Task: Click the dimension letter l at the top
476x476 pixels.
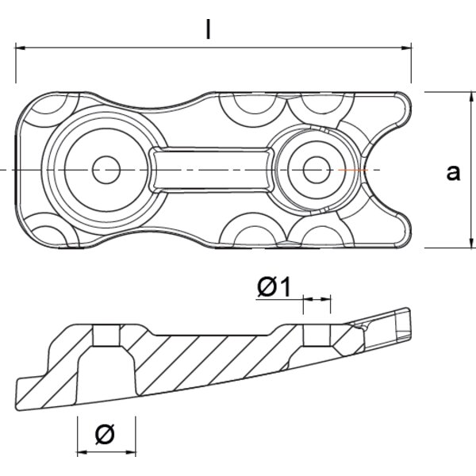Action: click(x=208, y=29)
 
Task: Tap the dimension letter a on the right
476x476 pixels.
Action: click(x=453, y=172)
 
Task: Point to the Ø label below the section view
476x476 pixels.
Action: click(x=105, y=433)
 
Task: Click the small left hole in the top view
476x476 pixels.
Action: click(x=106, y=169)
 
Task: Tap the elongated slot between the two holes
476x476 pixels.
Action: click(x=210, y=169)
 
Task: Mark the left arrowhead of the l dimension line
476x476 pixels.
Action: click(x=21, y=48)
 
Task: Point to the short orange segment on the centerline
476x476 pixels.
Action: click(x=350, y=170)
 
